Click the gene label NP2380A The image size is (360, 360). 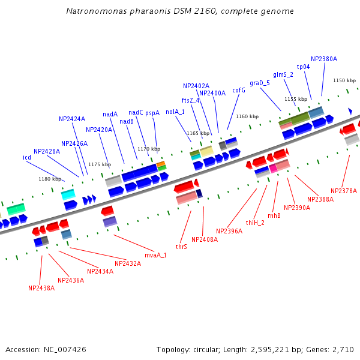click(x=324, y=59)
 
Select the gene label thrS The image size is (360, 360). click(x=181, y=247)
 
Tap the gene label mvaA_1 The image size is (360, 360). click(x=156, y=255)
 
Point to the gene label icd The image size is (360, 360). click(x=27, y=157)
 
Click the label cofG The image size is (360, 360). click(x=239, y=90)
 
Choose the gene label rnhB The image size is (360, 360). click(x=274, y=215)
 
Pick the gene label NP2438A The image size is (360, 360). click(x=41, y=288)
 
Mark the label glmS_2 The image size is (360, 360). click(x=283, y=74)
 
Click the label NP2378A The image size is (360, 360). click(x=344, y=191)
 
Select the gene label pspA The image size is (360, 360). click(x=152, y=113)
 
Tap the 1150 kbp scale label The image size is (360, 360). click(x=344, y=80)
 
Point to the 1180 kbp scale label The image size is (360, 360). click(x=50, y=179)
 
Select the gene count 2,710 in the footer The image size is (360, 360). click(x=343, y=349)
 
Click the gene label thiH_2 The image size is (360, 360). click(x=255, y=223)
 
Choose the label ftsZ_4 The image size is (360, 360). click(x=190, y=100)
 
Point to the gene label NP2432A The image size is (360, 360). click(x=128, y=263)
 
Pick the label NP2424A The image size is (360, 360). click(x=72, y=119)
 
